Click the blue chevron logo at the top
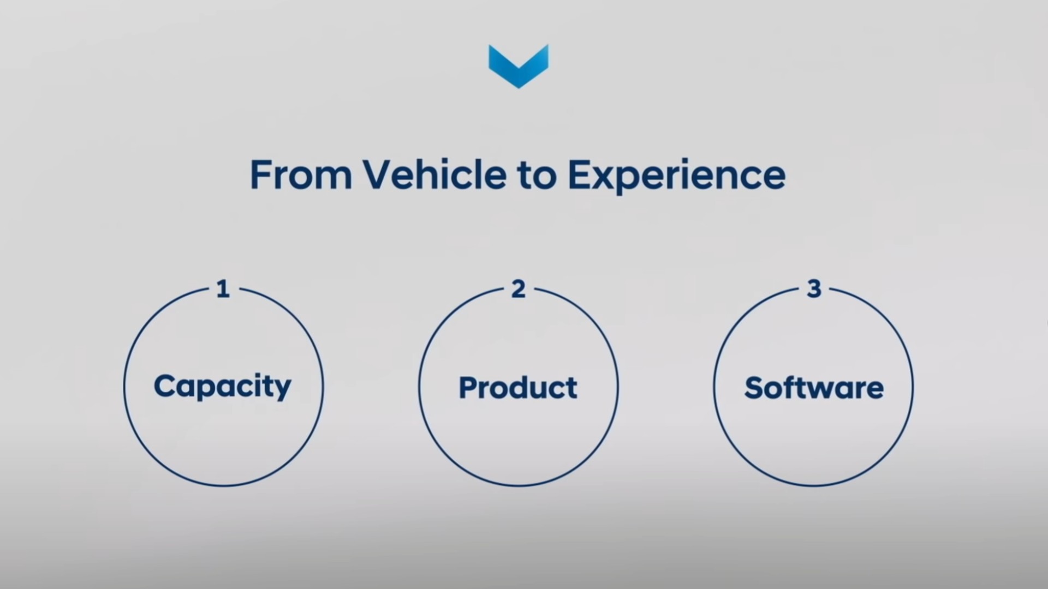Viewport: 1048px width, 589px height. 519,66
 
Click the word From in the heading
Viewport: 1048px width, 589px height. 301,175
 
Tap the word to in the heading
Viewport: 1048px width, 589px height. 536,176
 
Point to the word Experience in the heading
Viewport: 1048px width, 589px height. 677,176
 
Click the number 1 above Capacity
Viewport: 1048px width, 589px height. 223,289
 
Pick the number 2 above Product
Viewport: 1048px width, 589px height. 519,289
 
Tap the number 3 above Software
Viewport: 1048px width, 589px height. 814,289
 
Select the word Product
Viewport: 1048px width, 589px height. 518,388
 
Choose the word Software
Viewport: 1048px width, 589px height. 814,388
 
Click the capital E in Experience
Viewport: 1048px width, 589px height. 580,175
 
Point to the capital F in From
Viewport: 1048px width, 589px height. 261,175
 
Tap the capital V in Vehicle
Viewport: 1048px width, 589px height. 378,175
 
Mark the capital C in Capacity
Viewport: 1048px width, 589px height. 165,387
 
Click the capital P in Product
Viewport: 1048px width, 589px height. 469,388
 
